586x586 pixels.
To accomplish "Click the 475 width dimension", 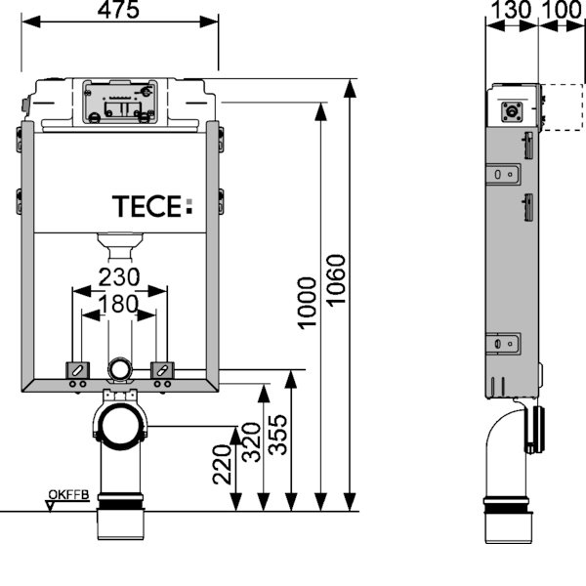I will [x=119, y=10].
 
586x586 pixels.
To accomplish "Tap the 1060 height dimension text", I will [x=337, y=280].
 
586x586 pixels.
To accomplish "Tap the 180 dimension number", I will [x=119, y=304].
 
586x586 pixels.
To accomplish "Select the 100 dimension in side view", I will [x=564, y=10].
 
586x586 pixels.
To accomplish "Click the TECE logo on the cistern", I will [x=153, y=207].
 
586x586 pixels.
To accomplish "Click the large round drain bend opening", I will [x=119, y=428].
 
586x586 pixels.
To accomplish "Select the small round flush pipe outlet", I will [x=119, y=368].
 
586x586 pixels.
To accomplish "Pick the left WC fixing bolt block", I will [x=76, y=370].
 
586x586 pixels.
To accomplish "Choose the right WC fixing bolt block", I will [x=163, y=370].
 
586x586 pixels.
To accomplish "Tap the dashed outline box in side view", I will [x=562, y=107].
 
